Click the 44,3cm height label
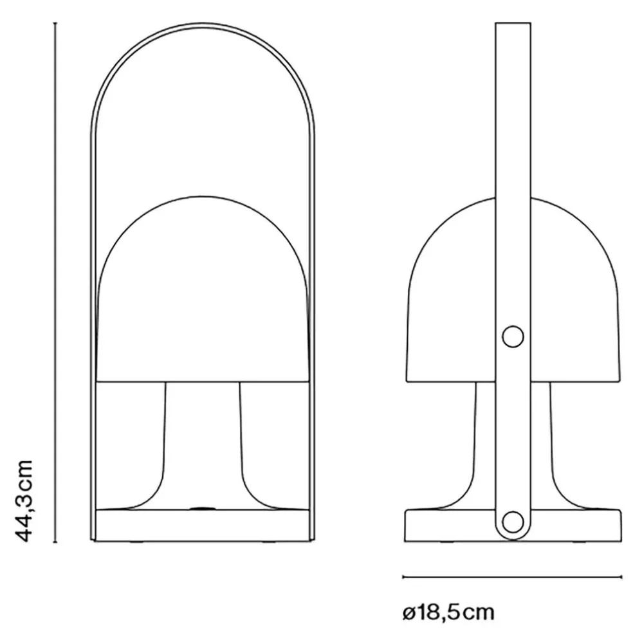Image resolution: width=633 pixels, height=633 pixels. click(23, 500)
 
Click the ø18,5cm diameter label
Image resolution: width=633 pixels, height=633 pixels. click(448, 612)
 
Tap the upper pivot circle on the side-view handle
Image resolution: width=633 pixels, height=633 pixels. click(513, 336)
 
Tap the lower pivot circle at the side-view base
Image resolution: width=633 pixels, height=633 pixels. click(513, 522)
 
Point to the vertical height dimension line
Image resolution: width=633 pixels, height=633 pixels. click(55, 282)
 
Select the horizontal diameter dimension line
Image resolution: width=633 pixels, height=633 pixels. click(512, 577)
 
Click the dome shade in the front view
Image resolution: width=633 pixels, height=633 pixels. click(203, 289)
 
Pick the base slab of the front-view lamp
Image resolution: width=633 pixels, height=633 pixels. click(203, 525)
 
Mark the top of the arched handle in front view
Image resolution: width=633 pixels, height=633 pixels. click(203, 25)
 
